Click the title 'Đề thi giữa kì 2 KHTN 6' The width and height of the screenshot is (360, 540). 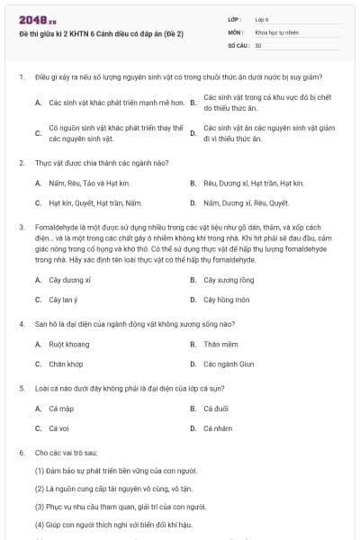pyautogui.click(x=101, y=34)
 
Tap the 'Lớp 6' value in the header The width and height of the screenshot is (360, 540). pyautogui.click(x=262, y=18)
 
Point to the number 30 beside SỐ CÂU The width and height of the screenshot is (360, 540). pyautogui.click(x=258, y=44)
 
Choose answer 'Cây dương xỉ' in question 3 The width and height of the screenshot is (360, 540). pyautogui.click(x=69, y=280)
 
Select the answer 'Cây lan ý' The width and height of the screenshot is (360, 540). pyautogui.click(x=64, y=299)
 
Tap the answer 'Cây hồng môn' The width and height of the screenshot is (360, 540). pyautogui.click(x=227, y=299)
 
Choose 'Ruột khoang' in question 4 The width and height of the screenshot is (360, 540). pyautogui.click(x=68, y=344)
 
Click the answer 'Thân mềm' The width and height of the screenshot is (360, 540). pyautogui.click(x=220, y=344)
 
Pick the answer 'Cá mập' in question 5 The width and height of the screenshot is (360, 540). pyautogui.click(x=61, y=409)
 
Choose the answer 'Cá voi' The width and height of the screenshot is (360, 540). pyautogui.click(x=59, y=428)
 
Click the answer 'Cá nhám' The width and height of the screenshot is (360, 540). pyautogui.click(x=218, y=428)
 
